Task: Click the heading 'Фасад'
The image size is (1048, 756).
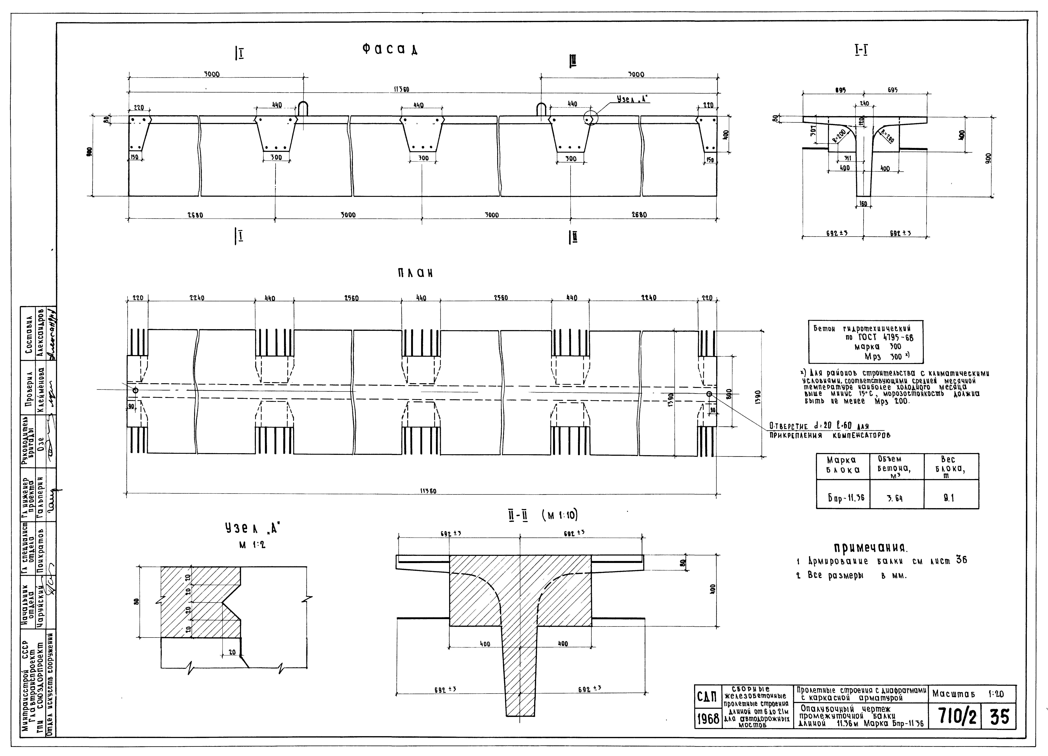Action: [390, 50]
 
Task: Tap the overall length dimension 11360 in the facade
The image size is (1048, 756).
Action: [401, 89]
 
